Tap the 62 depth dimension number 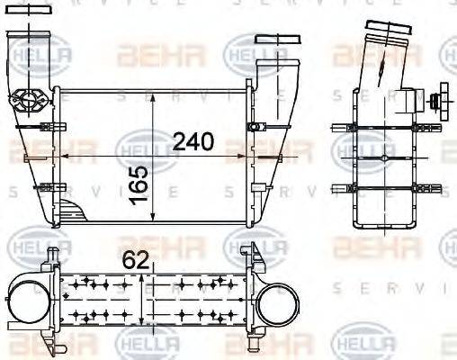[x=135, y=261]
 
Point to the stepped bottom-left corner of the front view [x=72, y=216]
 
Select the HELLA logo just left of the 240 [x=136, y=143]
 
